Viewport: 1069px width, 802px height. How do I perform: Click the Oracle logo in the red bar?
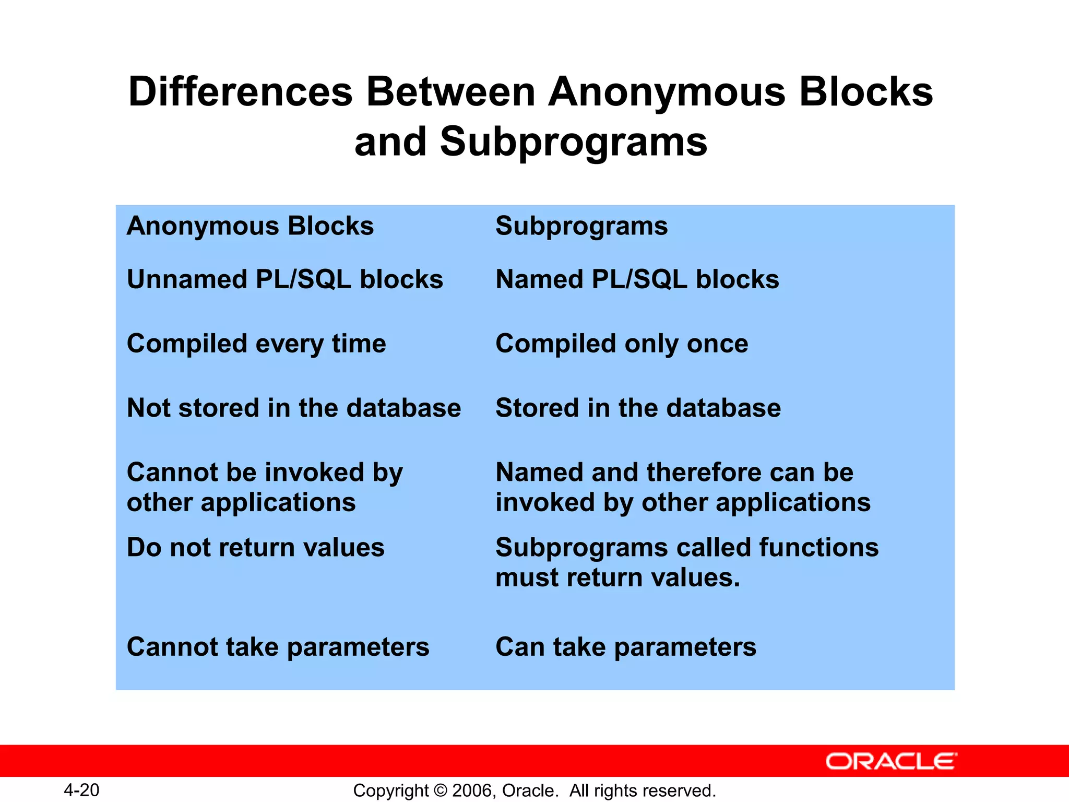click(891, 761)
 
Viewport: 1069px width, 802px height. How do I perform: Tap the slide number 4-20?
click(81, 790)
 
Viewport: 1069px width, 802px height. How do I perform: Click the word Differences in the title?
click(241, 92)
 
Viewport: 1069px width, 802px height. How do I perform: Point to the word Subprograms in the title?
click(574, 142)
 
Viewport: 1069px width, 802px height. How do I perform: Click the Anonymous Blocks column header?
click(250, 226)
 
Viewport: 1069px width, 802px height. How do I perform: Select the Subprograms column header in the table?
click(581, 227)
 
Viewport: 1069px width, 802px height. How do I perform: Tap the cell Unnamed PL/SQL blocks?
click(285, 279)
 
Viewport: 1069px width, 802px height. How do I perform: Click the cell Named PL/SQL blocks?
click(637, 279)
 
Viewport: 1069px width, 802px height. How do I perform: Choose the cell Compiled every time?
click(256, 344)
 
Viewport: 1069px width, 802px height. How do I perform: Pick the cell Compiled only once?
click(622, 344)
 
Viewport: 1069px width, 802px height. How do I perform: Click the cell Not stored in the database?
click(294, 408)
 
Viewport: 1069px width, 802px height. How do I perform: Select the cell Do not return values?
click(256, 548)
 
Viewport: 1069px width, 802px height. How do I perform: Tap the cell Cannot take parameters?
click(278, 647)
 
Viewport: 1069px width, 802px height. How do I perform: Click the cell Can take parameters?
click(625, 647)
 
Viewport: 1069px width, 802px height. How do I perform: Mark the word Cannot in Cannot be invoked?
click(166, 473)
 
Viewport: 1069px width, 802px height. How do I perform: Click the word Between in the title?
click(451, 92)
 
